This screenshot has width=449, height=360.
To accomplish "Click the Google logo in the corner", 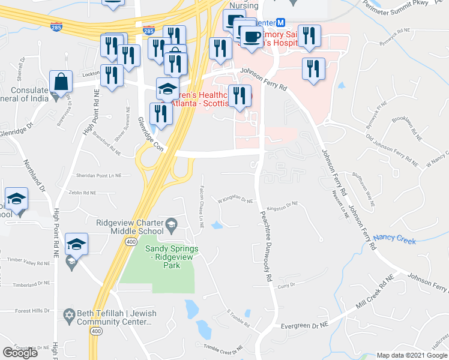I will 20,353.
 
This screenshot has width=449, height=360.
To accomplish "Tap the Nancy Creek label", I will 394,239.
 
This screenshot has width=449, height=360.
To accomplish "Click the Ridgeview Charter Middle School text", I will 130,226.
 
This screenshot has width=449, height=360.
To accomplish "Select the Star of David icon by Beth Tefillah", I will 70,314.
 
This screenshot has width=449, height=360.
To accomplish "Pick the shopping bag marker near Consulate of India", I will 61,82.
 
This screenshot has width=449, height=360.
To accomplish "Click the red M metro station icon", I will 280,23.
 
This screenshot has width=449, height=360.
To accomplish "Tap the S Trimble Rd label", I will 238,318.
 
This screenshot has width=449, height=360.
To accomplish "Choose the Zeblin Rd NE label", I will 83,193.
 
